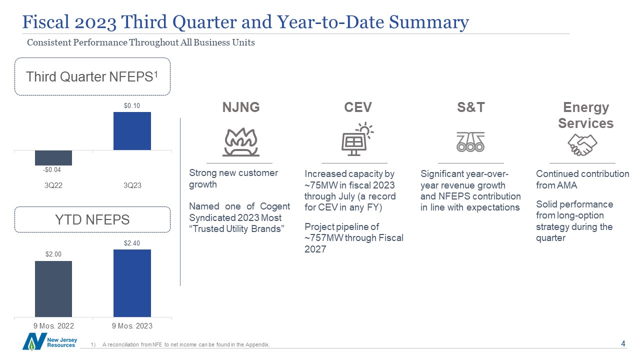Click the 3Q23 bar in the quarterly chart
coord(132,131)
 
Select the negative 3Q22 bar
coord(53,157)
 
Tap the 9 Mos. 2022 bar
coord(53,289)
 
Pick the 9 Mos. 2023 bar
coord(132,283)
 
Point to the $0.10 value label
coord(131,105)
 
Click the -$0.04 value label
coord(52,169)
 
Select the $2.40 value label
coord(131,243)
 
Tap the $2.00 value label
coord(53,254)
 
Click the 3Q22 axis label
coord(53,185)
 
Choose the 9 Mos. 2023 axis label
coord(132,325)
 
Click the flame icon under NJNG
coord(241,142)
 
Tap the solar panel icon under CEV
coord(357,139)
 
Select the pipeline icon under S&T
coord(470,141)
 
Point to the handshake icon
coord(582,145)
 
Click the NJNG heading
coord(241,107)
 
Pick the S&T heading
coord(471,107)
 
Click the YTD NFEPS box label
coord(92,219)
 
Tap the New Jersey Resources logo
coord(49,341)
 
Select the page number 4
coord(623,343)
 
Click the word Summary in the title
coord(429,22)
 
